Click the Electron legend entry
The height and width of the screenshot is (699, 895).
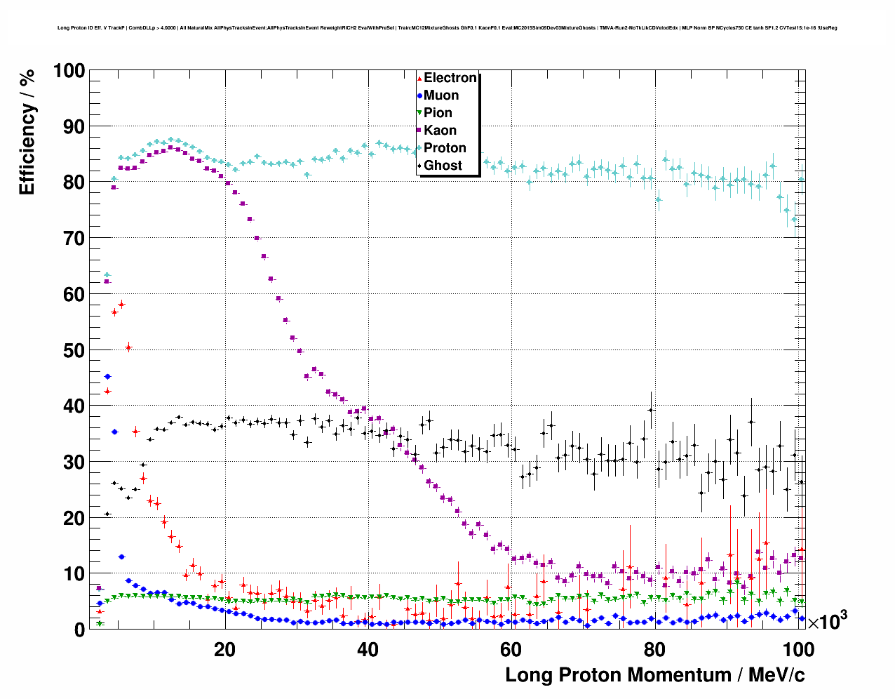[x=450, y=78]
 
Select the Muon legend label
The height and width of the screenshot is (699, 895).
[x=440, y=95]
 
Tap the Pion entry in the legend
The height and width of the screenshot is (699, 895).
[x=438, y=113]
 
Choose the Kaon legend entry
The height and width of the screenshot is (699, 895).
[x=440, y=131]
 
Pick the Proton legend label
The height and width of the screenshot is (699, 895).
[x=445, y=148]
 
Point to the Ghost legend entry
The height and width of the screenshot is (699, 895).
[x=443, y=166]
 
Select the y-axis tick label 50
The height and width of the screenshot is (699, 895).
[x=74, y=350]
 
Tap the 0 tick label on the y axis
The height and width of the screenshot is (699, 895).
[x=79, y=630]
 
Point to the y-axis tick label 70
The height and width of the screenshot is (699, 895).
[x=74, y=239]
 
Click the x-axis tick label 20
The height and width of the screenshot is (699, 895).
[x=224, y=649]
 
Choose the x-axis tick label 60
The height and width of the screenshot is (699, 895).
[x=511, y=649]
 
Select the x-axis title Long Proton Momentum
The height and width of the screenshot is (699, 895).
[x=655, y=675]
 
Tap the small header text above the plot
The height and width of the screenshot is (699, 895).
[x=447, y=28]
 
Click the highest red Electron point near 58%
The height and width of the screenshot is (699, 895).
[x=121, y=305]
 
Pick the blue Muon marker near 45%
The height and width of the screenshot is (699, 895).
[x=107, y=377]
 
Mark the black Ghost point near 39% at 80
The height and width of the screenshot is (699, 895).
[x=651, y=410]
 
